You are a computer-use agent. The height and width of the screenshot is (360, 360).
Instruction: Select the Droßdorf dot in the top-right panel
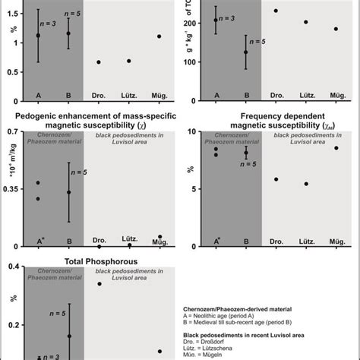(x=276, y=11)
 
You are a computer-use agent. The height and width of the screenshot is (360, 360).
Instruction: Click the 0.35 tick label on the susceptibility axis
(x=13, y=191)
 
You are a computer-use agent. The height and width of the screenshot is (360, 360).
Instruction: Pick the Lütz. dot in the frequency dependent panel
(x=306, y=184)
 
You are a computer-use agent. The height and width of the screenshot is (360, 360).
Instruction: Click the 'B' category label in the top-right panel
(x=246, y=95)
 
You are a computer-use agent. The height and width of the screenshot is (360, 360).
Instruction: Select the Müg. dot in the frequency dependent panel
(x=336, y=148)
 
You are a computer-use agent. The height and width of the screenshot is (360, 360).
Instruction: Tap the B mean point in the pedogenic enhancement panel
(x=69, y=192)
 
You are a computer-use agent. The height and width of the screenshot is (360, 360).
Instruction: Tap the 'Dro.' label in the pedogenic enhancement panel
(x=99, y=242)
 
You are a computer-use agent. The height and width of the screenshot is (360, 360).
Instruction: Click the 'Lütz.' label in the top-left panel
(x=129, y=95)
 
